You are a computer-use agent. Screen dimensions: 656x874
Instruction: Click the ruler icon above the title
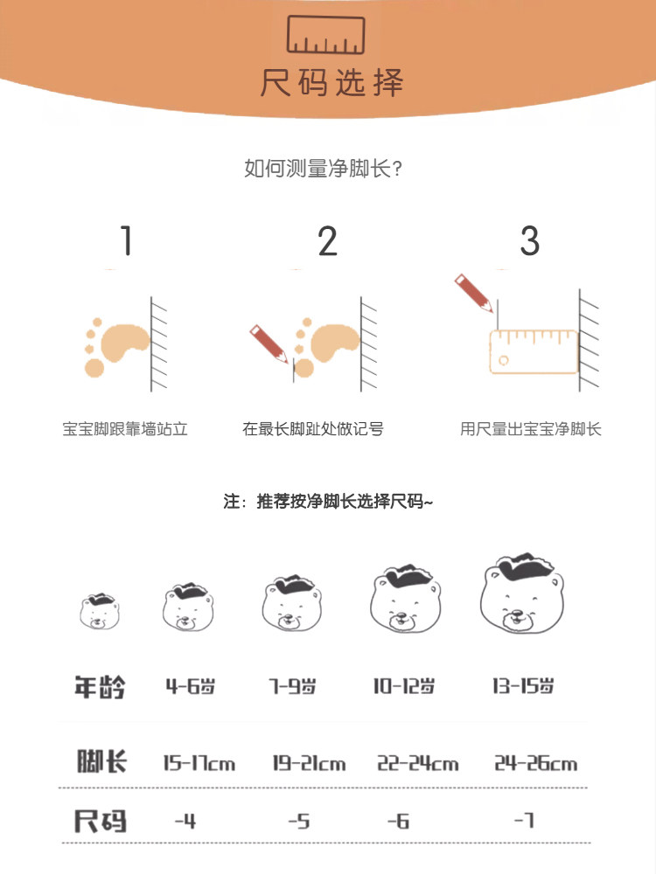(x=325, y=35)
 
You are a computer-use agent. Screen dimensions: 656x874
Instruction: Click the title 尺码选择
(x=331, y=83)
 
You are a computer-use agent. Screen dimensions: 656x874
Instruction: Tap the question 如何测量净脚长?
(x=323, y=168)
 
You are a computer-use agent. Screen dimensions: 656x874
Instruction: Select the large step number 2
(x=328, y=241)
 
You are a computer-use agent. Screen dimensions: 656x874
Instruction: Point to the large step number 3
(x=529, y=241)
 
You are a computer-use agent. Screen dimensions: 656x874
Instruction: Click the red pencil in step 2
(x=269, y=343)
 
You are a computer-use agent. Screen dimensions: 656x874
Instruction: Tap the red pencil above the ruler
(x=473, y=293)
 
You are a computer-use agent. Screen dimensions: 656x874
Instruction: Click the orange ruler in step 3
(x=534, y=351)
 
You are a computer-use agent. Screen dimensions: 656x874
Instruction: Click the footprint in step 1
(x=116, y=347)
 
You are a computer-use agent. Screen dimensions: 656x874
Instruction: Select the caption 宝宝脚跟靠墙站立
(x=125, y=429)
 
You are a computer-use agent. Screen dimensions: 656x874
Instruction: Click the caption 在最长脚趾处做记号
(x=313, y=429)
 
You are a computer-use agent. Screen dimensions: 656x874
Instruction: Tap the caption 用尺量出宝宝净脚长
(x=531, y=429)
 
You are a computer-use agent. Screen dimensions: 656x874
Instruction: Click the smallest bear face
(x=100, y=612)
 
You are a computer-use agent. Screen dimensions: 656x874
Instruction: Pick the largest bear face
(x=522, y=593)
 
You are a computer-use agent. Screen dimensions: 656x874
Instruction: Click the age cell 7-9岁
(x=293, y=686)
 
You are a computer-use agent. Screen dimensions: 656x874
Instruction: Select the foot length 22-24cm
(x=418, y=762)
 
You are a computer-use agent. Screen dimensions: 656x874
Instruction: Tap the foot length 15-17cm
(x=199, y=762)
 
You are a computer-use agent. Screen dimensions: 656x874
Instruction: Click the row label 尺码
(x=101, y=821)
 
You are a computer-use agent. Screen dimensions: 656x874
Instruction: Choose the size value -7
(x=524, y=820)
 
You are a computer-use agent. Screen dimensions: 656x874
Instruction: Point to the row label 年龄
(x=101, y=687)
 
